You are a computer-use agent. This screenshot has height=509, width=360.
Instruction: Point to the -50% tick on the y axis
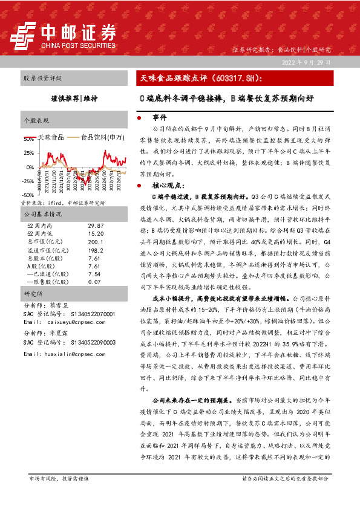click(x=28, y=195)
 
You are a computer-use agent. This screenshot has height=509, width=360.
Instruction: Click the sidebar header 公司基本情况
click(x=43, y=214)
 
